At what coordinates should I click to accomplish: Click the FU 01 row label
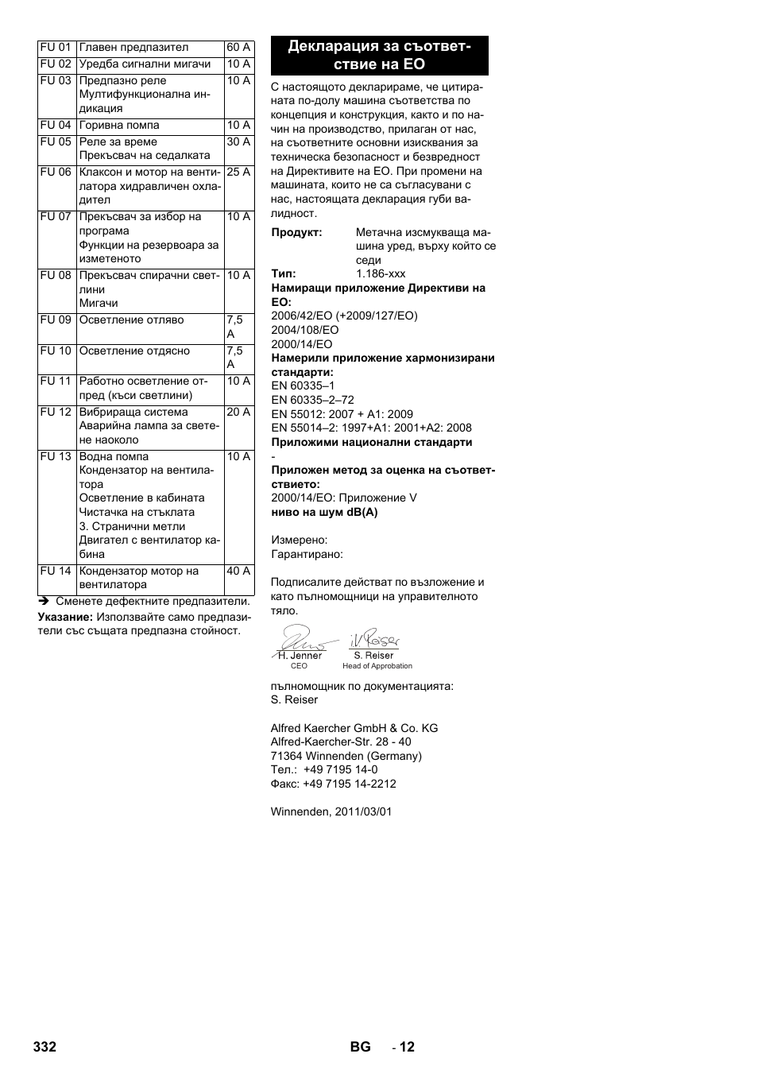pos(56,48)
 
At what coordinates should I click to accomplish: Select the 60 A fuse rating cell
pos(238,48)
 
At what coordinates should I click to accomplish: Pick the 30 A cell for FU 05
pos(238,142)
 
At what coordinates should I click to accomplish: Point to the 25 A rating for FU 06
pos(238,172)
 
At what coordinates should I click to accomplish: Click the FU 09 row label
pos(56,320)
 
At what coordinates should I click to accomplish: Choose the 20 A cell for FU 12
pos(238,413)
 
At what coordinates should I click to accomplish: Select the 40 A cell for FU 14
pos(238,571)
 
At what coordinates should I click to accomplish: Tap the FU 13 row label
pos(56,457)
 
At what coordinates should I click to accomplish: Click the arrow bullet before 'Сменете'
pos(44,602)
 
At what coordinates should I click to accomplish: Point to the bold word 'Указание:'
pos(65,617)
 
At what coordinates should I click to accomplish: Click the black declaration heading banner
pos(379,56)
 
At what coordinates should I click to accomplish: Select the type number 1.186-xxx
pos(381,274)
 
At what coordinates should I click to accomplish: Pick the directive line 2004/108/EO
pos(305,330)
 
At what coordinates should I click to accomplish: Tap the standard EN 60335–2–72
pos(312,401)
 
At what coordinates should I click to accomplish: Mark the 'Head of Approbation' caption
pos(377,666)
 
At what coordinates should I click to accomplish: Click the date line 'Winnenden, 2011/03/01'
pos(331,812)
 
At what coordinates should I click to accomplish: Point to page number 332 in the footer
pos(45,1047)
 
